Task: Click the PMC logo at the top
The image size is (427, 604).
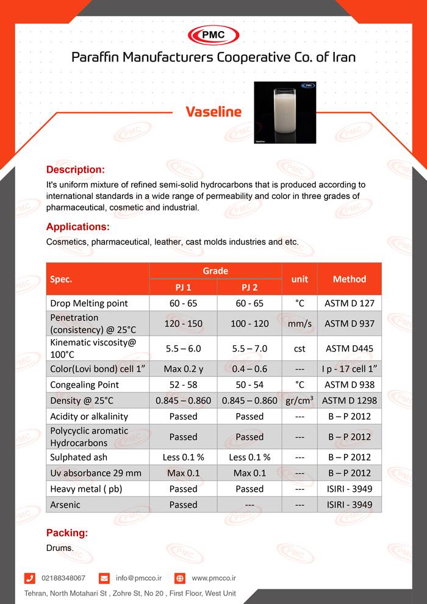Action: pos(213,35)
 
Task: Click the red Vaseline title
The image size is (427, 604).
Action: pos(213,112)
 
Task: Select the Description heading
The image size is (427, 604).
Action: pos(76,169)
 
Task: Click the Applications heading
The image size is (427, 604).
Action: pos(78,227)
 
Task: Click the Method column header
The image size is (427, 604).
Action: pos(349,279)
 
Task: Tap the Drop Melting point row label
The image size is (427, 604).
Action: pos(89,303)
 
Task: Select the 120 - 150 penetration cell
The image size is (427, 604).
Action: pos(182,323)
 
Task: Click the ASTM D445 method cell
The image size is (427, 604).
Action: pos(349,349)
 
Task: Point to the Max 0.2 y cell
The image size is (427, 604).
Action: pos(182,369)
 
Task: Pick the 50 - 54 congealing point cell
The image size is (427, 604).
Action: pos(249,384)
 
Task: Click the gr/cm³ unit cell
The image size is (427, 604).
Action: pos(299,401)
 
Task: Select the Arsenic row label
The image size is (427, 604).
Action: pos(65,505)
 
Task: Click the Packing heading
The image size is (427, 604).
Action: pos(67,533)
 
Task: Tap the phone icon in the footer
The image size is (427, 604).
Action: pos(29,578)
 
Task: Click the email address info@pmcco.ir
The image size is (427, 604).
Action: pos(138,578)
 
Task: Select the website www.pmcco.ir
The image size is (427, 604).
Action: pos(213,578)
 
